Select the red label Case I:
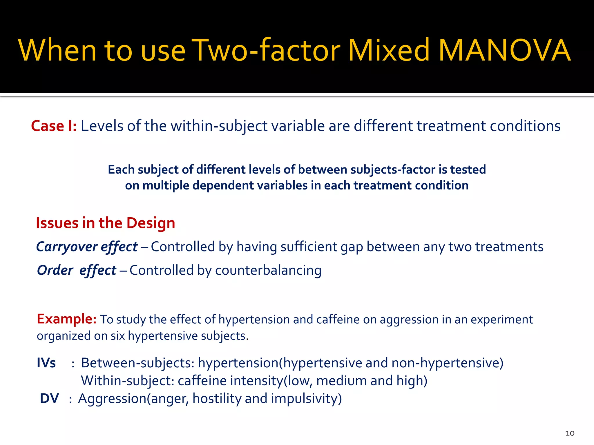click(54, 126)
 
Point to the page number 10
click(570, 433)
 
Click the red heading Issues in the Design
click(105, 223)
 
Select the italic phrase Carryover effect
click(87, 247)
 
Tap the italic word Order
click(55, 270)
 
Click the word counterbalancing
click(268, 270)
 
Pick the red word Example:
click(66, 319)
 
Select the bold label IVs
click(46, 363)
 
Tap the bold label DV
click(49, 398)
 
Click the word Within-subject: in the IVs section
click(127, 381)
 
